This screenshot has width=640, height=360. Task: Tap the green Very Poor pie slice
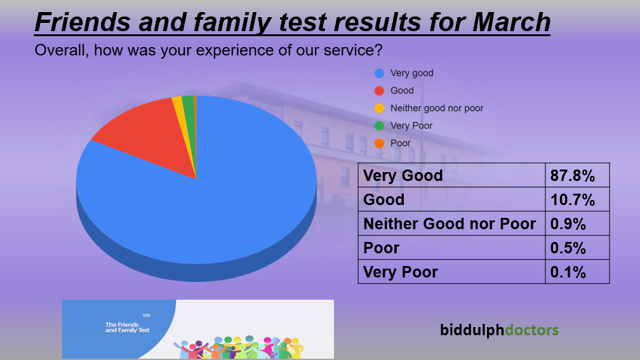190,123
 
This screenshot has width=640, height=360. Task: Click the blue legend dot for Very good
379,74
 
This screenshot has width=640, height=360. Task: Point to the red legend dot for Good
379,91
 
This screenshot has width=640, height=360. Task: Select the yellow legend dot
379,109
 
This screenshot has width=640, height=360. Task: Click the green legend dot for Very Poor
379,126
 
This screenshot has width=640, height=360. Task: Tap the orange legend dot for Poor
379,143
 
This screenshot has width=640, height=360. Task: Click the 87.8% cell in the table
577,175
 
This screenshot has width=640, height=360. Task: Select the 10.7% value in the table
577,199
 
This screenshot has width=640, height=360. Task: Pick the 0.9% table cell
577,223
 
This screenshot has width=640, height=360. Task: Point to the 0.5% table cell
577,248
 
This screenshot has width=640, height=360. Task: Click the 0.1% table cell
577,272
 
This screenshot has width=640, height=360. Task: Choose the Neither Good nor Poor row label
450,223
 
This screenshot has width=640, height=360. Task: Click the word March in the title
512,22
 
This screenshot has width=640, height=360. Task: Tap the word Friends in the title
83,22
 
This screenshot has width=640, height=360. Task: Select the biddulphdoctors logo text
499,330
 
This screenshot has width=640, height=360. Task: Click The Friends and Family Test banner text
128,328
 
